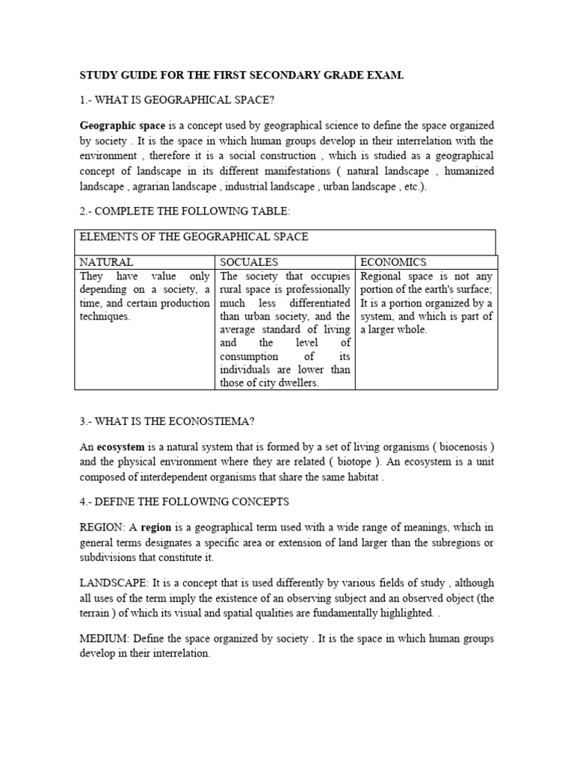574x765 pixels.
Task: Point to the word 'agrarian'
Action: coord(155,187)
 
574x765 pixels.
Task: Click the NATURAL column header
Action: coord(107,262)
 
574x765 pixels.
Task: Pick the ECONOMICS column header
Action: coord(394,262)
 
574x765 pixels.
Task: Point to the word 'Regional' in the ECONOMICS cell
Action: coord(382,276)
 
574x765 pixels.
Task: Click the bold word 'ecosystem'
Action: coord(120,447)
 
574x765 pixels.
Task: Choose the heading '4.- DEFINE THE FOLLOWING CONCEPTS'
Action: coord(184,501)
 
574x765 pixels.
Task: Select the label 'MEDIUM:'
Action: coord(102,639)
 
